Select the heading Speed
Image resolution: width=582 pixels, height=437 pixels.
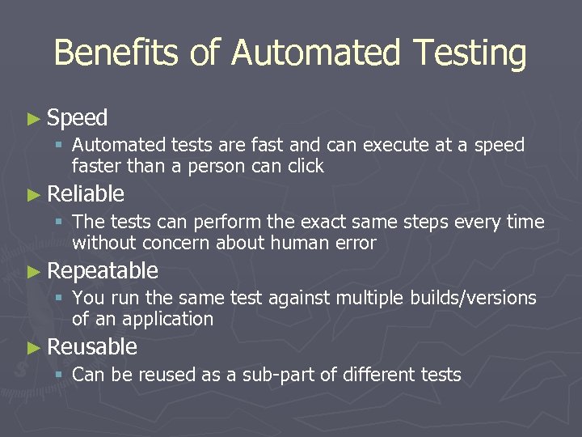(x=78, y=118)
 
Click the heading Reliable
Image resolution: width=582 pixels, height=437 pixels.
(x=86, y=194)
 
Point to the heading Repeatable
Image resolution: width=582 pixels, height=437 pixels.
(x=103, y=270)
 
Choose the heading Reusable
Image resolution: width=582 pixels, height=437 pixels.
(x=92, y=347)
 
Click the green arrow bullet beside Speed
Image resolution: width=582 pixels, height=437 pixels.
(x=33, y=118)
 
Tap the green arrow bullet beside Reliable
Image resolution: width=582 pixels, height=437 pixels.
(x=33, y=194)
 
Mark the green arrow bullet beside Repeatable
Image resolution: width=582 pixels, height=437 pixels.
(x=33, y=271)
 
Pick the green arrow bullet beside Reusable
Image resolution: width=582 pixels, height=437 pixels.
(x=33, y=347)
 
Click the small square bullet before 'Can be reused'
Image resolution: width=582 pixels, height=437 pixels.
(x=59, y=375)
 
